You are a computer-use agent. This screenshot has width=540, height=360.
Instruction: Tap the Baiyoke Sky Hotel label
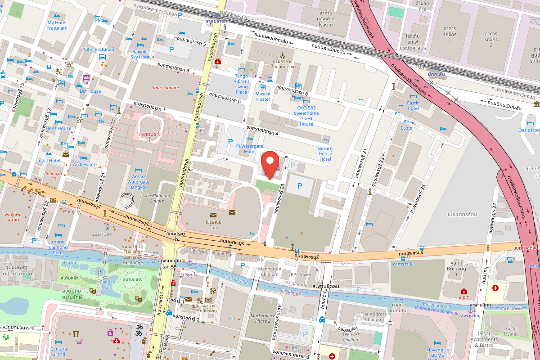pyautogui.click(x=140, y=54)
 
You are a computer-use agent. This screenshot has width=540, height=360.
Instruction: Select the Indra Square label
pyautogui.click(x=166, y=88)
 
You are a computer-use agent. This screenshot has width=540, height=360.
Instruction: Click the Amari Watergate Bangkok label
pyautogui.click(x=138, y=182)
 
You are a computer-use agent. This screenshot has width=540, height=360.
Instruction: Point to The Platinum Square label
pyautogui.click(x=154, y=198)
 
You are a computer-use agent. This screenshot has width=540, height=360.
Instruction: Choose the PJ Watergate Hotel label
pyautogui.click(x=250, y=148)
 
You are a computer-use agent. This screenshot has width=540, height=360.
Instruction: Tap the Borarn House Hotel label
pyautogui.click(x=325, y=153)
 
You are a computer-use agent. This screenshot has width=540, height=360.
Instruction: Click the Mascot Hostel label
pyautogui.click(x=263, y=97)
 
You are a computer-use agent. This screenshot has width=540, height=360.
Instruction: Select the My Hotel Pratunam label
pyautogui.click(x=57, y=25)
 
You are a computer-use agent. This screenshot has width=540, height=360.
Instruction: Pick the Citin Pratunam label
pyautogui.click(x=100, y=49)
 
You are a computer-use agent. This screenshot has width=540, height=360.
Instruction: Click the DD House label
pyautogui.click(x=90, y=91)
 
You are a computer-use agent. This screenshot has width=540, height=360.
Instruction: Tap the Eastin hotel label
pyautogui.click(x=413, y=106)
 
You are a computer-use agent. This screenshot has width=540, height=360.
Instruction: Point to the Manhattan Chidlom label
pyautogui.click(x=270, y=271)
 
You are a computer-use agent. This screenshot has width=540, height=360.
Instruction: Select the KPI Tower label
pyautogui.click(x=301, y=274)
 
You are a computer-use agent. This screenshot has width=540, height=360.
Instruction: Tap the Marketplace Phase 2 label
pyautogui.click(x=263, y=318)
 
